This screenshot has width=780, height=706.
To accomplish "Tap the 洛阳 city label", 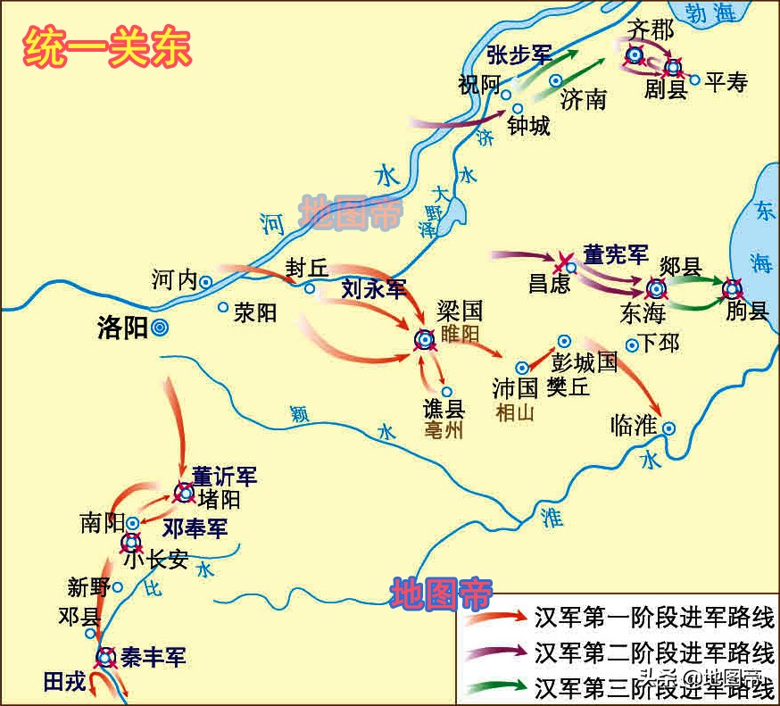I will pos(122,328).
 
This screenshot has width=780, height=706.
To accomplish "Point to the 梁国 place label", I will pos(460,311).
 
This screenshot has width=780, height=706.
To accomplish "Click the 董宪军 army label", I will pos(616,254).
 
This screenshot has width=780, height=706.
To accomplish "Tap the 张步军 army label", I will pos(519,54).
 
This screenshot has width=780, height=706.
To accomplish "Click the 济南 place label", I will pos(584,98).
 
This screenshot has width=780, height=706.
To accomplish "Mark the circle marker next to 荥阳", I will pos(223,307).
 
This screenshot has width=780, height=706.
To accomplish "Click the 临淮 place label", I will pos(634,426).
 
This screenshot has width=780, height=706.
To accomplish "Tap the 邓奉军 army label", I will pos(194,528).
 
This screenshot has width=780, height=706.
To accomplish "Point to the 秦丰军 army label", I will pos(153,659).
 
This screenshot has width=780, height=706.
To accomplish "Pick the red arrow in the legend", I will pos(495,617).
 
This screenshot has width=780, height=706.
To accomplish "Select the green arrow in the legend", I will pos(495,686).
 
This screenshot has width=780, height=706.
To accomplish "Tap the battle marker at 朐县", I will pos(733,288).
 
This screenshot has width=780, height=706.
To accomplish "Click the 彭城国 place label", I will pos(585,363).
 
